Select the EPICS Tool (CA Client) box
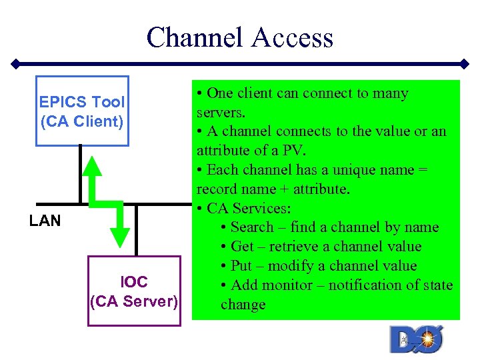pyautogui.click(x=81, y=111)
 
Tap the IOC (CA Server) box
pyautogui.click(x=134, y=291)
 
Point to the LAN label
pyautogui.click(x=45, y=221)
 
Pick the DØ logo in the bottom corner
pyautogui.click(x=416, y=339)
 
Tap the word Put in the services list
pyautogui.click(x=241, y=266)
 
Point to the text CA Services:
pyautogui.click(x=248, y=208)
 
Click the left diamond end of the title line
pyautogui.click(x=15, y=64)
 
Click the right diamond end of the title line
pyautogui.click(x=465, y=64)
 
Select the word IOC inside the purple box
pyautogui.click(x=134, y=282)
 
